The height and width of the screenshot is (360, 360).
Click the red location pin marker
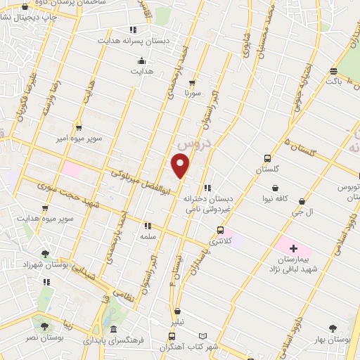(x=181, y=165)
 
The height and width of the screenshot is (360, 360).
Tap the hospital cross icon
(x=293, y=249)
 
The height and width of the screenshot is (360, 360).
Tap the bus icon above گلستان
(x=267, y=158)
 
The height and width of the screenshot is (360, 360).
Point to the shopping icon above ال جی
(x=302, y=201)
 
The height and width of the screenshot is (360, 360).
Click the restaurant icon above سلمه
(x=147, y=226)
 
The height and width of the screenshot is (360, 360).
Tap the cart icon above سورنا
(x=192, y=82)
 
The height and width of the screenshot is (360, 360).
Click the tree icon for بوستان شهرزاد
(x=46, y=254)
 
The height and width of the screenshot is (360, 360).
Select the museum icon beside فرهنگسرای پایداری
(x=113, y=329)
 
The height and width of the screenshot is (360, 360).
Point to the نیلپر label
(x=178, y=322)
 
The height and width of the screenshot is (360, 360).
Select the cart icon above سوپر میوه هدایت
(x=46, y=208)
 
